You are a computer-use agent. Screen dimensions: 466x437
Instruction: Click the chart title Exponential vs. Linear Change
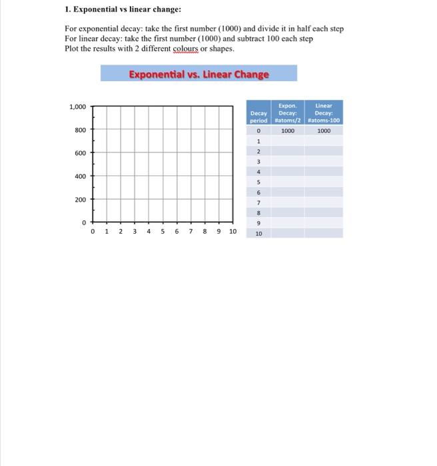coord(199,74)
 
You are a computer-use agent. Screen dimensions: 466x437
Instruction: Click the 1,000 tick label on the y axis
coord(77,107)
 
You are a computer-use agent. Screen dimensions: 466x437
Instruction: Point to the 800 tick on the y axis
coord(80,130)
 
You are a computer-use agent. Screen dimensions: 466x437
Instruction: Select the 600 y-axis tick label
coord(80,153)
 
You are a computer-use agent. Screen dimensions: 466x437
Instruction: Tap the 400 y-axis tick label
coord(80,176)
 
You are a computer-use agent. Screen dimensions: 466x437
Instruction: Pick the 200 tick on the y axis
coord(80,200)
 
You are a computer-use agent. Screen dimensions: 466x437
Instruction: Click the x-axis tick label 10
coord(232,232)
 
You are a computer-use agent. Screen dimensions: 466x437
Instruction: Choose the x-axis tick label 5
coord(163,232)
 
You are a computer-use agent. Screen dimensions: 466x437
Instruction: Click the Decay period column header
coord(258,116)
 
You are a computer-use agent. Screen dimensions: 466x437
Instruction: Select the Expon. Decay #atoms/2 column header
coord(288,113)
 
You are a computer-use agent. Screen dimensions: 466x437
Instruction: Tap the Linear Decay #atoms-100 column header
coord(324,113)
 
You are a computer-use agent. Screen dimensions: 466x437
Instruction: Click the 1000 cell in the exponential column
coord(288,131)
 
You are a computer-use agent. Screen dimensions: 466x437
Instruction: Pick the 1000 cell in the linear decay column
coord(324,131)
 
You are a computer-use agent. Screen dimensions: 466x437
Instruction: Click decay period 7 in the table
coord(258,202)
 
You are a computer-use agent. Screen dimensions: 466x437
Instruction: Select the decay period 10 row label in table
coord(258,234)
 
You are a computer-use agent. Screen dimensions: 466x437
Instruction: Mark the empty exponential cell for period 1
coord(288,141)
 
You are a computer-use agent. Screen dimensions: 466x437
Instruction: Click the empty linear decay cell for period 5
coord(324,182)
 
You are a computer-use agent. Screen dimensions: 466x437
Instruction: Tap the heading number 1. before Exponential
coord(67,10)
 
